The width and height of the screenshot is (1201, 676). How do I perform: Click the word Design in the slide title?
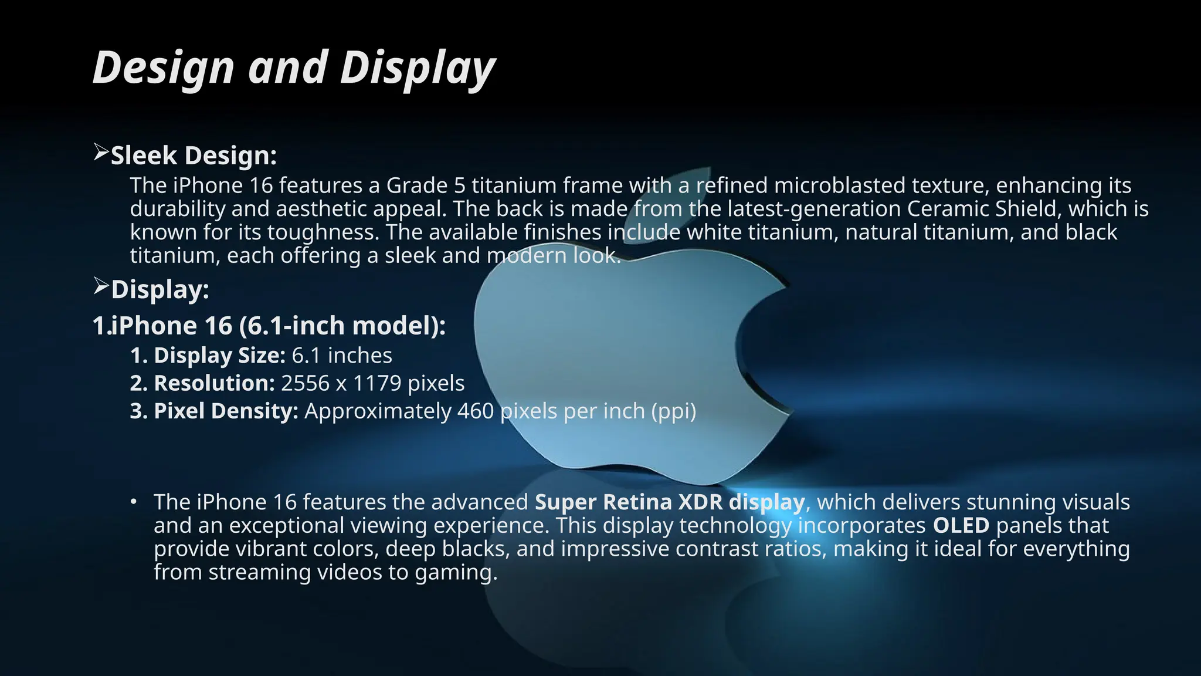[x=164, y=68]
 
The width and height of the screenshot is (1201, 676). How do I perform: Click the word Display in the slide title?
[x=418, y=68]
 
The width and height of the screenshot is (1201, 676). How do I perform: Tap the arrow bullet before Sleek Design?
[x=101, y=153]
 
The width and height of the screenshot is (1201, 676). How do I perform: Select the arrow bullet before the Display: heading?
[x=101, y=287]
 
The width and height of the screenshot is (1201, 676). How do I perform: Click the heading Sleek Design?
[x=194, y=156]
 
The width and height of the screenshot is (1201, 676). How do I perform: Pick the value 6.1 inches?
[x=342, y=356]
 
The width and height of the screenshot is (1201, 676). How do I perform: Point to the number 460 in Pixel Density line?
[x=475, y=411]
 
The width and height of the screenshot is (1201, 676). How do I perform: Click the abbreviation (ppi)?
[x=674, y=411]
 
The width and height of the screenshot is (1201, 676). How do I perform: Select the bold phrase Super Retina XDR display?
[x=669, y=502]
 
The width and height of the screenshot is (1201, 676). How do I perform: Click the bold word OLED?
[x=961, y=525]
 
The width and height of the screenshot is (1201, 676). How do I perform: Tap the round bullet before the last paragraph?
[x=134, y=502]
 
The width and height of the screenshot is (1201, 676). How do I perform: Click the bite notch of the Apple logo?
[x=756, y=346]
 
